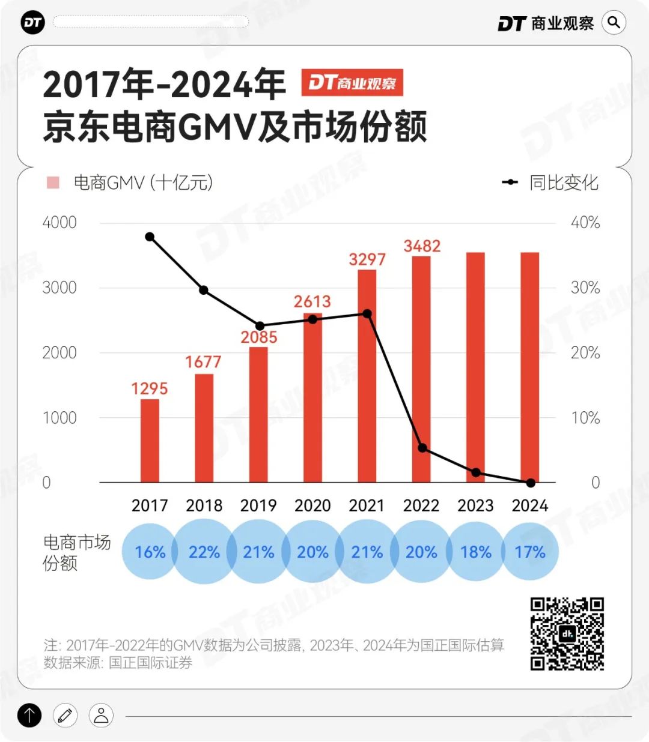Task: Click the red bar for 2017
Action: click(x=150, y=441)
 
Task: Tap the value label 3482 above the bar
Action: click(x=422, y=246)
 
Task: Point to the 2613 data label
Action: click(x=312, y=301)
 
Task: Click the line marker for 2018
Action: click(x=204, y=290)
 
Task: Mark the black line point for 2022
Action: click(x=422, y=448)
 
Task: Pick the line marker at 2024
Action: click(x=531, y=483)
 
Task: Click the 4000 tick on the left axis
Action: click(x=59, y=223)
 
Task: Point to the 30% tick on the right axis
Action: click(x=585, y=288)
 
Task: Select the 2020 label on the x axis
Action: click(x=312, y=505)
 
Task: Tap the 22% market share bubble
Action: click(x=204, y=552)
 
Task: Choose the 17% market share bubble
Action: click(x=530, y=552)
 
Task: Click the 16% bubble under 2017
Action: click(x=150, y=552)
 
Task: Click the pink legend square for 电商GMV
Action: click(x=53, y=182)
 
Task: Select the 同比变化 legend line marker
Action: click(x=510, y=182)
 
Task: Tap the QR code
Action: click(x=567, y=633)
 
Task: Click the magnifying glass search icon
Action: click(x=614, y=23)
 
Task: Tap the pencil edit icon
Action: click(x=65, y=715)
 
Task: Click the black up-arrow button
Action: click(x=29, y=715)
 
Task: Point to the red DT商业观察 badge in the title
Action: click(x=352, y=83)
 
